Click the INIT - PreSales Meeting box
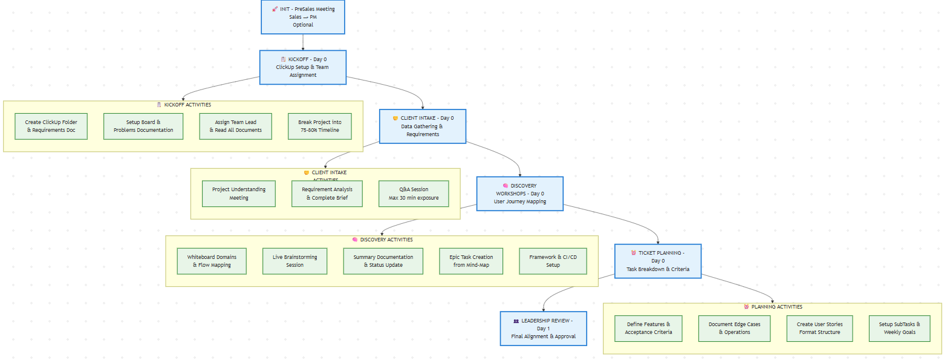coord(302,17)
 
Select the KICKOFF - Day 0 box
coord(302,67)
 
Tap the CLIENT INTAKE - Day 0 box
coord(423,126)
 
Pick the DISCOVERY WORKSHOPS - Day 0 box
coord(519,194)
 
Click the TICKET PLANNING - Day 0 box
coord(657,261)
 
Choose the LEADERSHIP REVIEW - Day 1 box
coord(543,329)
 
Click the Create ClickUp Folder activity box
coord(51,126)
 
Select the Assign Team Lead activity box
coord(235,126)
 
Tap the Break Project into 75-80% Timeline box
coord(319,126)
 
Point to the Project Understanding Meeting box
coord(238,194)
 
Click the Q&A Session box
coord(414,194)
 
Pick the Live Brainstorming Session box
coord(295,261)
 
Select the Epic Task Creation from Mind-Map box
coord(471,261)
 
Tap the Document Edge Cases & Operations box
coord(734,329)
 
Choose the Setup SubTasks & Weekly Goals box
coord(899,329)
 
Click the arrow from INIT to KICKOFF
coord(302,42)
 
